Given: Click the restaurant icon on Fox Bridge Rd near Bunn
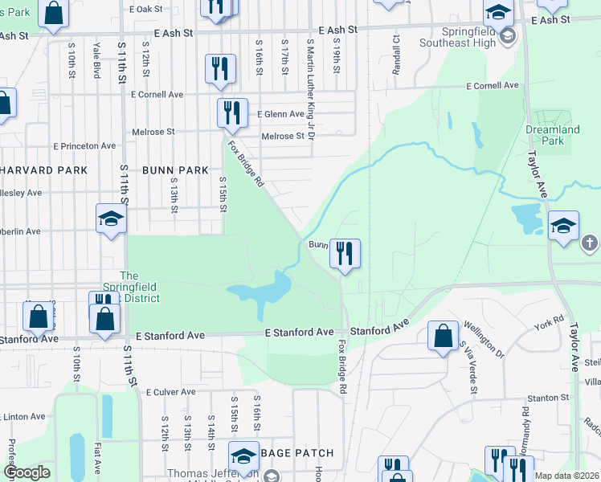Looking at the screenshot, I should (345, 255).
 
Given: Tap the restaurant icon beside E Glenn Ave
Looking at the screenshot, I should (232, 112).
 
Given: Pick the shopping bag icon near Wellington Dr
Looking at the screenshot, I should (443, 336).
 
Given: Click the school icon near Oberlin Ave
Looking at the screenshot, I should (111, 219).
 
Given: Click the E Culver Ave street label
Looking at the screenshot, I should (171, 392).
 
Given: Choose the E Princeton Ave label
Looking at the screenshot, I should (84, 146).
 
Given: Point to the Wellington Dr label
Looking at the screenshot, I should (482, 340).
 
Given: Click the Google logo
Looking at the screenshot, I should (27, 473).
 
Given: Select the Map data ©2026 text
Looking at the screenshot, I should (566, 476).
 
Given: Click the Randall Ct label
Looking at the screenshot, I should (396, 51).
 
